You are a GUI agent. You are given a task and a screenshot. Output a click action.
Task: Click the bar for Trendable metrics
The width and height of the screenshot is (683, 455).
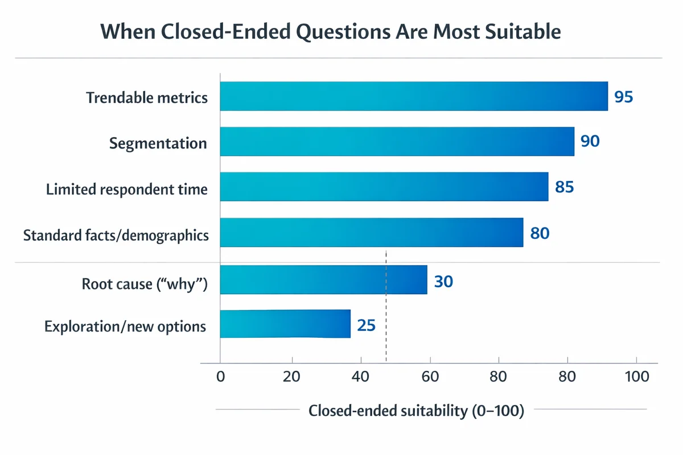pos(414,96)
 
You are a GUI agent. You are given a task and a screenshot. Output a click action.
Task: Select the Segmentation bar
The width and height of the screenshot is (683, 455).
pos(397,141)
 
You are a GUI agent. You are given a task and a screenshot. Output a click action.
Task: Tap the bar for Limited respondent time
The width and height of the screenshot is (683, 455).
pos(384,187)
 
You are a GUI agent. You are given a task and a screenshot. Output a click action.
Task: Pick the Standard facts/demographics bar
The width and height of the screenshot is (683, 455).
pos(372,232)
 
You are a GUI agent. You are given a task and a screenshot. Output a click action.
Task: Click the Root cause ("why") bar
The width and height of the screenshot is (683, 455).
pos(323,279)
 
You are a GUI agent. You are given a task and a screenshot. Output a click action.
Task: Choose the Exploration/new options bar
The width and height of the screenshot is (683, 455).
pos(285,324)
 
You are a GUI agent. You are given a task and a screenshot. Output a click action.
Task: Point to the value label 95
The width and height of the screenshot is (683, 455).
pos(623,97)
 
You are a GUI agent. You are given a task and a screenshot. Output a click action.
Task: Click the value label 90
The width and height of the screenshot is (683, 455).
pos(590,141)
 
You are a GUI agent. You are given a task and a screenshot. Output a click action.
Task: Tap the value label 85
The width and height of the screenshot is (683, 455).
pos(564,187)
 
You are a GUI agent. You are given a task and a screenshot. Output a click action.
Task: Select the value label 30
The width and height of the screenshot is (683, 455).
pos(443,281)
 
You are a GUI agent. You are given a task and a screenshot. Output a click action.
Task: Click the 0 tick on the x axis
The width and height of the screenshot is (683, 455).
pos(220,377)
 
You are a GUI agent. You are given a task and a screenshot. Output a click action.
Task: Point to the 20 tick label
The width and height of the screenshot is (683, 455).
pos(292,377)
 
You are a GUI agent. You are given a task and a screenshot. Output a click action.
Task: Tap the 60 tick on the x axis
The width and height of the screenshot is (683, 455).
pos(430,377)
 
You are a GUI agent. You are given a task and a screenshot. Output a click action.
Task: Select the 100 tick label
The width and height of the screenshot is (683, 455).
pos(636,377)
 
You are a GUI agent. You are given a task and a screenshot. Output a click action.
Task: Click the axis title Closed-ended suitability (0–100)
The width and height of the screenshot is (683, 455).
pos(415,411)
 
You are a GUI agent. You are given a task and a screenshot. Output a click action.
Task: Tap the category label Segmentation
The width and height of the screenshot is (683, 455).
pos(158,143)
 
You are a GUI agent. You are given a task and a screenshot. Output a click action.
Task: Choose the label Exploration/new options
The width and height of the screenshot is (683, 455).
pos(125,326)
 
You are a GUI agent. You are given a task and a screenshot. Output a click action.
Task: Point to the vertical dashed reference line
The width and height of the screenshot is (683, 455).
pos(386,341)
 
